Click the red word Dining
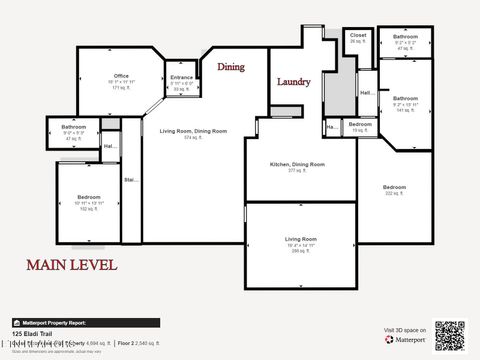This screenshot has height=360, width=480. pyautogui.click(x=231, y=67)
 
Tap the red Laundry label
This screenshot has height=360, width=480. pyautogui.click(x=293, y=82)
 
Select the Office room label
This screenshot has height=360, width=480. pyautogui.click(x=121, y=76)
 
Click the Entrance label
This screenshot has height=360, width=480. pyautogui.click(x=182, y=78)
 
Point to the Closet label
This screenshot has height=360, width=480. pyautogui.click(x=358, y=35)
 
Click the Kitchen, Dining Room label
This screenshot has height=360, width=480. pyautogui.click(x=298, y=164)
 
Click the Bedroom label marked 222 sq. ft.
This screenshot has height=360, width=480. pyautogui.click(x=394, y=187)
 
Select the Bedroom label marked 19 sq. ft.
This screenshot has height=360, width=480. pyautogui.click(x=360, y=124)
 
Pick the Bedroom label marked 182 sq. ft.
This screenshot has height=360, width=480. pyautogui.click(x=89, y=198)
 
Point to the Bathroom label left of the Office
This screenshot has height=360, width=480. pyautogui.click(x=73, y=127)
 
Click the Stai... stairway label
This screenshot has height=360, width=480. pyautogui.click(x=130, y=180)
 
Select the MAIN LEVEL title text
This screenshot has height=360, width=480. pyautogui.click(x=71, y=265)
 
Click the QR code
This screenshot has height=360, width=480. pyautogui.click(x=450, y=336)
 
